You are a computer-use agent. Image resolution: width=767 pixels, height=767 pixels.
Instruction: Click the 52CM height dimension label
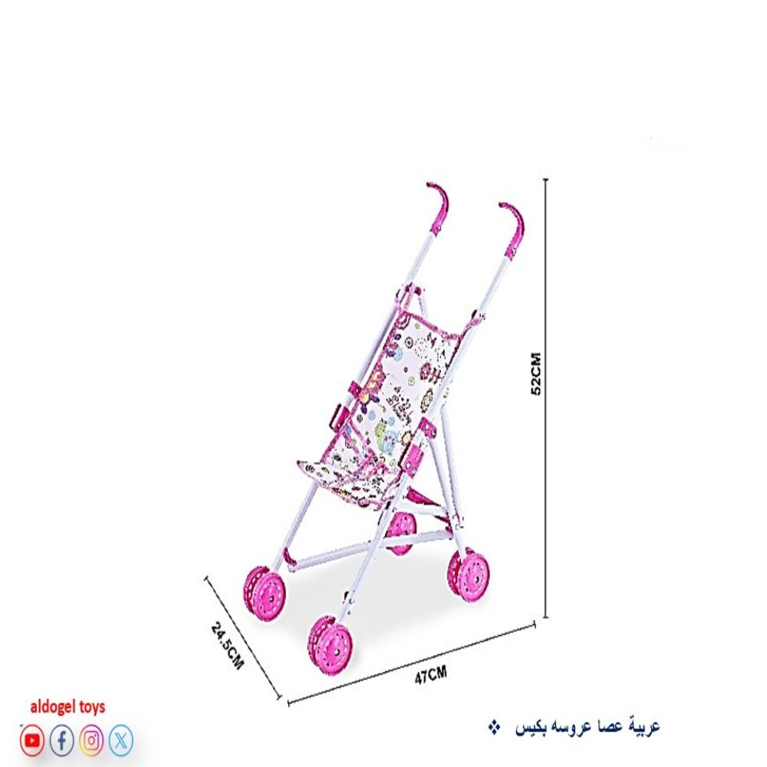point(536,374)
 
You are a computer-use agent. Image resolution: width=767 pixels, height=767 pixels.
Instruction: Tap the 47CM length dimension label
point(430,675)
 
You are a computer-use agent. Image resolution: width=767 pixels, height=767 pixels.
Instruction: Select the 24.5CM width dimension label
point(227,645)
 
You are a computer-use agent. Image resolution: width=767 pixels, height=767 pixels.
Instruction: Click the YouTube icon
point(32,741)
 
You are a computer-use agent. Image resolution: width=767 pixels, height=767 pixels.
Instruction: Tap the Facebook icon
point(61,741)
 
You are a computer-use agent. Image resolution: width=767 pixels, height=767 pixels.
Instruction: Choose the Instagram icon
point(91,741)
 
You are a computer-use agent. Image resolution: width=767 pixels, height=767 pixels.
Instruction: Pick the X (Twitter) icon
point(120,741)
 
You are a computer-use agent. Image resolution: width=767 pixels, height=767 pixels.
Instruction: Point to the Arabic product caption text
point(588,727)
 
